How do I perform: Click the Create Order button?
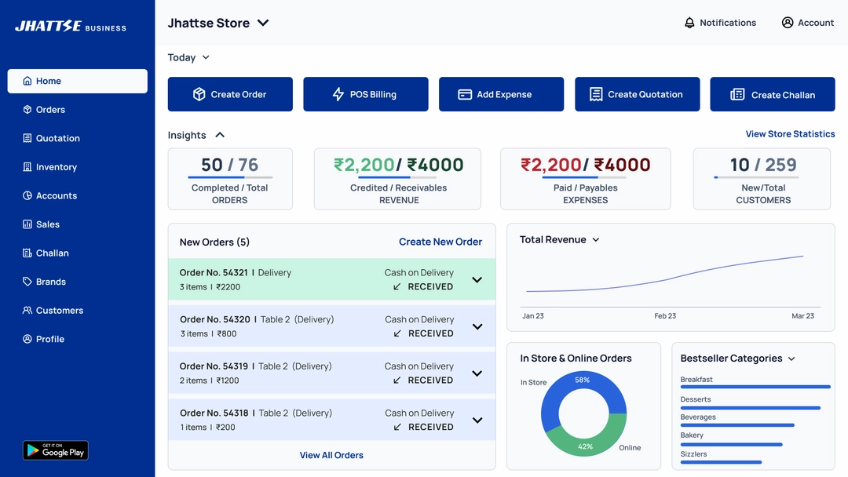230,94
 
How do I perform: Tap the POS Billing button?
366,94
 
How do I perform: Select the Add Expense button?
501,94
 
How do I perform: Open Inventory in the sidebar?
56,167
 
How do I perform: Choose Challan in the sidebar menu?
52,253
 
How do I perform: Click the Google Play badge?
56,450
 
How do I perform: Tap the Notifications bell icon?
690,23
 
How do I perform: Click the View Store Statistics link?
790,134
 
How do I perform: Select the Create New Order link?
440,242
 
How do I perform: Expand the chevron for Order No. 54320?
477,326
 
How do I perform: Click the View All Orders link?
331,455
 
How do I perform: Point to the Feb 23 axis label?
665,316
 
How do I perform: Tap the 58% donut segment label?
582,380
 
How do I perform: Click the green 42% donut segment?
586,446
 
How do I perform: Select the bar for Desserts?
750,408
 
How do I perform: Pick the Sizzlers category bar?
721,462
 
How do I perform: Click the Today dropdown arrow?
206,57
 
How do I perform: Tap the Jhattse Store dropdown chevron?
263,23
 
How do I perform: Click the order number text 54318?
236,413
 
